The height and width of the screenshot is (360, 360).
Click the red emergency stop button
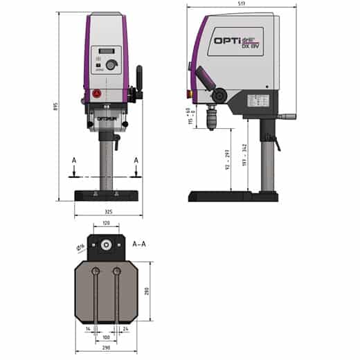coord(96,93)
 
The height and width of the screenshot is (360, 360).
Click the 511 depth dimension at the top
coord(241,5)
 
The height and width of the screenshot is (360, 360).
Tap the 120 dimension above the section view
coord(106,223)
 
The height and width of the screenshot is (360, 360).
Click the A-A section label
coord(138,243)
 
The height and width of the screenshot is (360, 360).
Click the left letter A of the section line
coord(74,161)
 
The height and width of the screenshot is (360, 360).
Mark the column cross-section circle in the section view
coord(106,244)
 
